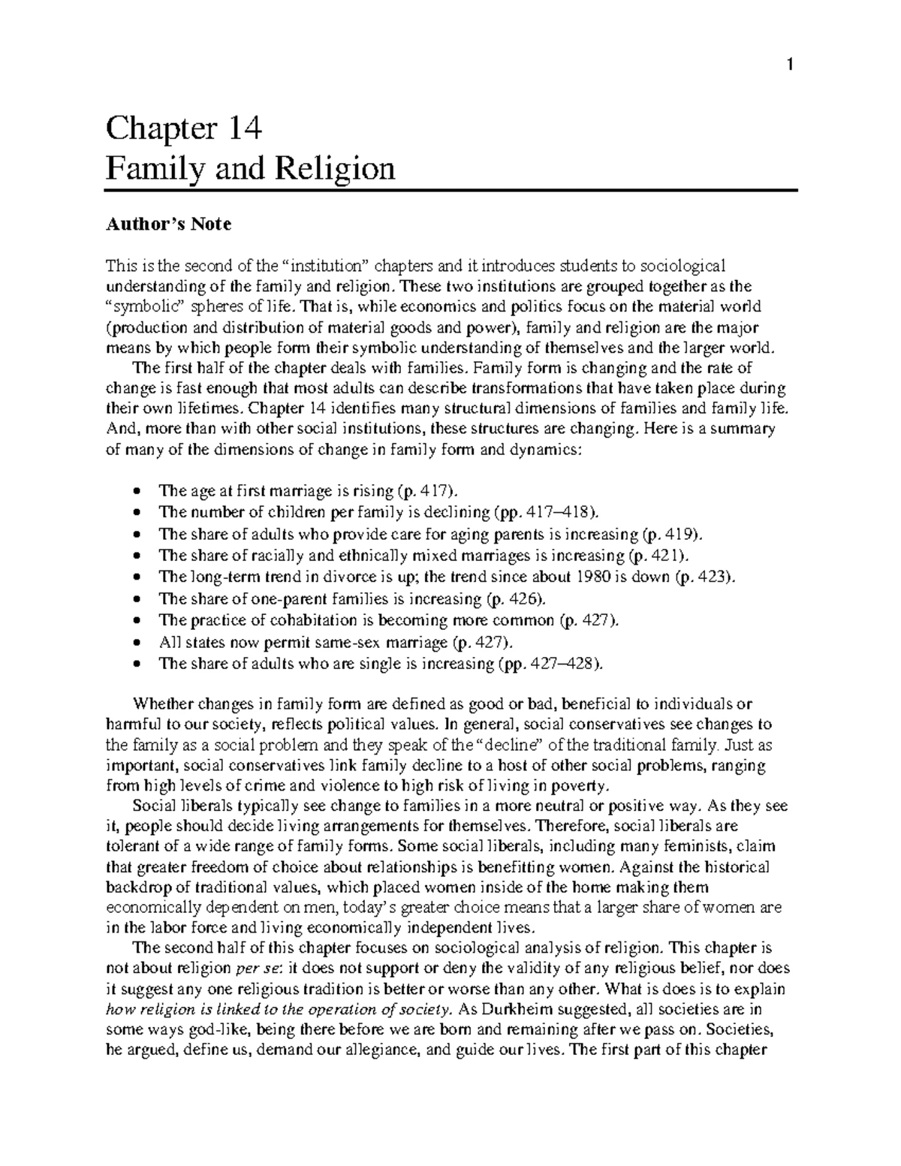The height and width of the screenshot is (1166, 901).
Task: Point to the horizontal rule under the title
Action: coord(450,191)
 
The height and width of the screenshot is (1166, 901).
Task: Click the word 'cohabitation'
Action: coord(293,620)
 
